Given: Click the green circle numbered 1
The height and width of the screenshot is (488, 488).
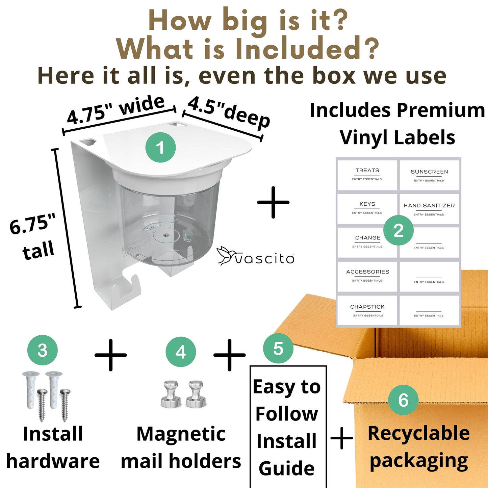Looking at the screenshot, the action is tap(160, 147).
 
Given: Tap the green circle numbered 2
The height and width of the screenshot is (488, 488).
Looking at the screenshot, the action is tap(399, 230).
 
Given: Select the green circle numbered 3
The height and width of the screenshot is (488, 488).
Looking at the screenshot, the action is tap(43, 350).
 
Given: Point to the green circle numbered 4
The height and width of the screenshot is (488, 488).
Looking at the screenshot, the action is tap(181, 352).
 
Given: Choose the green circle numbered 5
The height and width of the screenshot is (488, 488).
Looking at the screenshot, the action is tap(278, 348).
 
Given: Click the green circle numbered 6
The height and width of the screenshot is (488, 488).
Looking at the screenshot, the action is tap(404, 400).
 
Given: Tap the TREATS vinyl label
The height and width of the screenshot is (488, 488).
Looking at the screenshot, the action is tap(367, 175).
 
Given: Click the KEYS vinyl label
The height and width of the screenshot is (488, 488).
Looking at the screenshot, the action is tap(367, 208).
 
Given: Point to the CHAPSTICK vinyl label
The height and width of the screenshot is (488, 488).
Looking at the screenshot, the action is tap(367, 310).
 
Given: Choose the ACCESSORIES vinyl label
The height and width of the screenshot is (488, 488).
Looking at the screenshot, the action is tap(367, 276).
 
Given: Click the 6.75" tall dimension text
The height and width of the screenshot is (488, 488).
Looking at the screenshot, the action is tap(32, 237).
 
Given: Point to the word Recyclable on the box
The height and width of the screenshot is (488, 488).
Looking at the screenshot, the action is tap(419, 433).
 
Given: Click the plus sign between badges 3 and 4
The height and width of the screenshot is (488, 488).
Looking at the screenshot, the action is tap(110, 355).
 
